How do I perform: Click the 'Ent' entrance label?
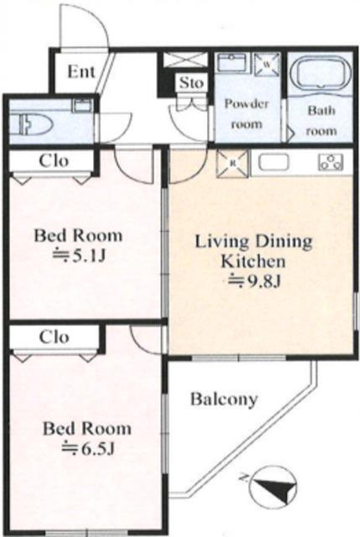click(x=81, y=71)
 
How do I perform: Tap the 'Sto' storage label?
click(x=191, y=82)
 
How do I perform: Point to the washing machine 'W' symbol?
click(x=267, y=64)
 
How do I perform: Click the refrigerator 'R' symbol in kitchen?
click(x=232, y=164)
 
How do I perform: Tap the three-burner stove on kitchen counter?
click(x=331, y=162)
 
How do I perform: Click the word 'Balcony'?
click(x=224, y=399)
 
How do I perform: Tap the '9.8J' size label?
click(x=254, y=281)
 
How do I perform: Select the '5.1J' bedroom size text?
click(x=78, y=255)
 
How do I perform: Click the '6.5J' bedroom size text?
click(x=87, y=448)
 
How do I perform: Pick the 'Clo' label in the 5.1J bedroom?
click(x=54, y=160)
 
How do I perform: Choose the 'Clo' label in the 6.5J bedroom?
click(x=54, y=337)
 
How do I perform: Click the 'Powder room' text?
click(x=246, y=113)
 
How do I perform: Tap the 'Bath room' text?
click(x=321, y=121)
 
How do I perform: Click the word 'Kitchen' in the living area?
click(x=253, y=261)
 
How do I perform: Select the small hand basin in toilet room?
click(x=82, y=105)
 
